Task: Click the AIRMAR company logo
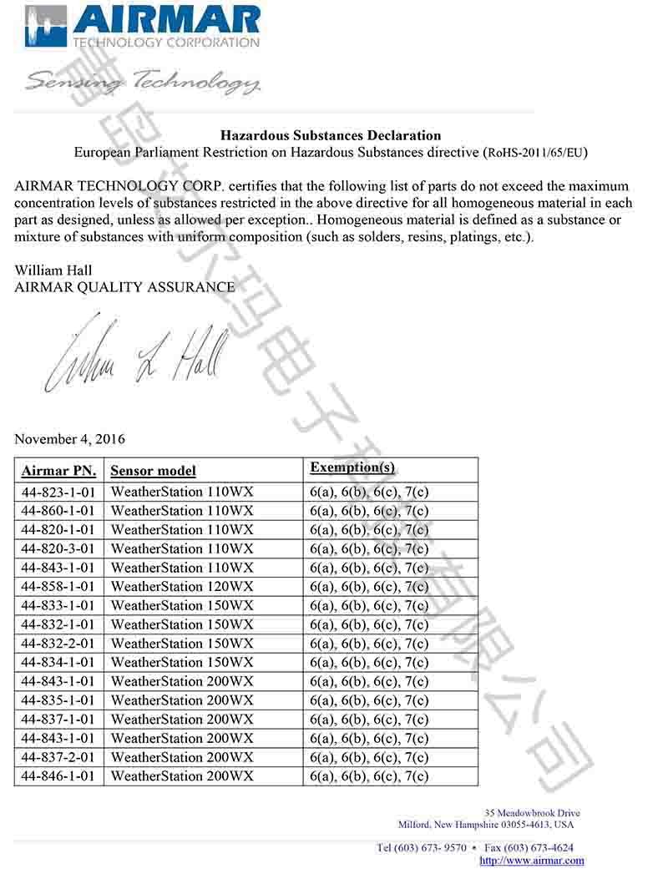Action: [142, 26]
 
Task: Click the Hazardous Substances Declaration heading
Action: [330, 134]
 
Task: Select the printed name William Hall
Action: [53, 270]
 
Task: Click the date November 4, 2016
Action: [70, 438]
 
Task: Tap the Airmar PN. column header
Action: [58, 470]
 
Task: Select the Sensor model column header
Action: [153, 470]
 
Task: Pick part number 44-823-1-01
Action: [58, 492]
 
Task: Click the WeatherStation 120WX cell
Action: [181, 586]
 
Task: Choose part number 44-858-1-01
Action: [58, 586]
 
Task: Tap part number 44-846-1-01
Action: [58, 776]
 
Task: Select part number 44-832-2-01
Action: [58, 644]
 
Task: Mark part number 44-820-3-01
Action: [58, 548]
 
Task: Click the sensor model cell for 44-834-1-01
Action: [181, 663]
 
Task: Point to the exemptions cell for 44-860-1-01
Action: [368, 511]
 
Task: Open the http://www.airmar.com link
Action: [532, 861]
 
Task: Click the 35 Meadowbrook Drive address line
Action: [532, 813]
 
